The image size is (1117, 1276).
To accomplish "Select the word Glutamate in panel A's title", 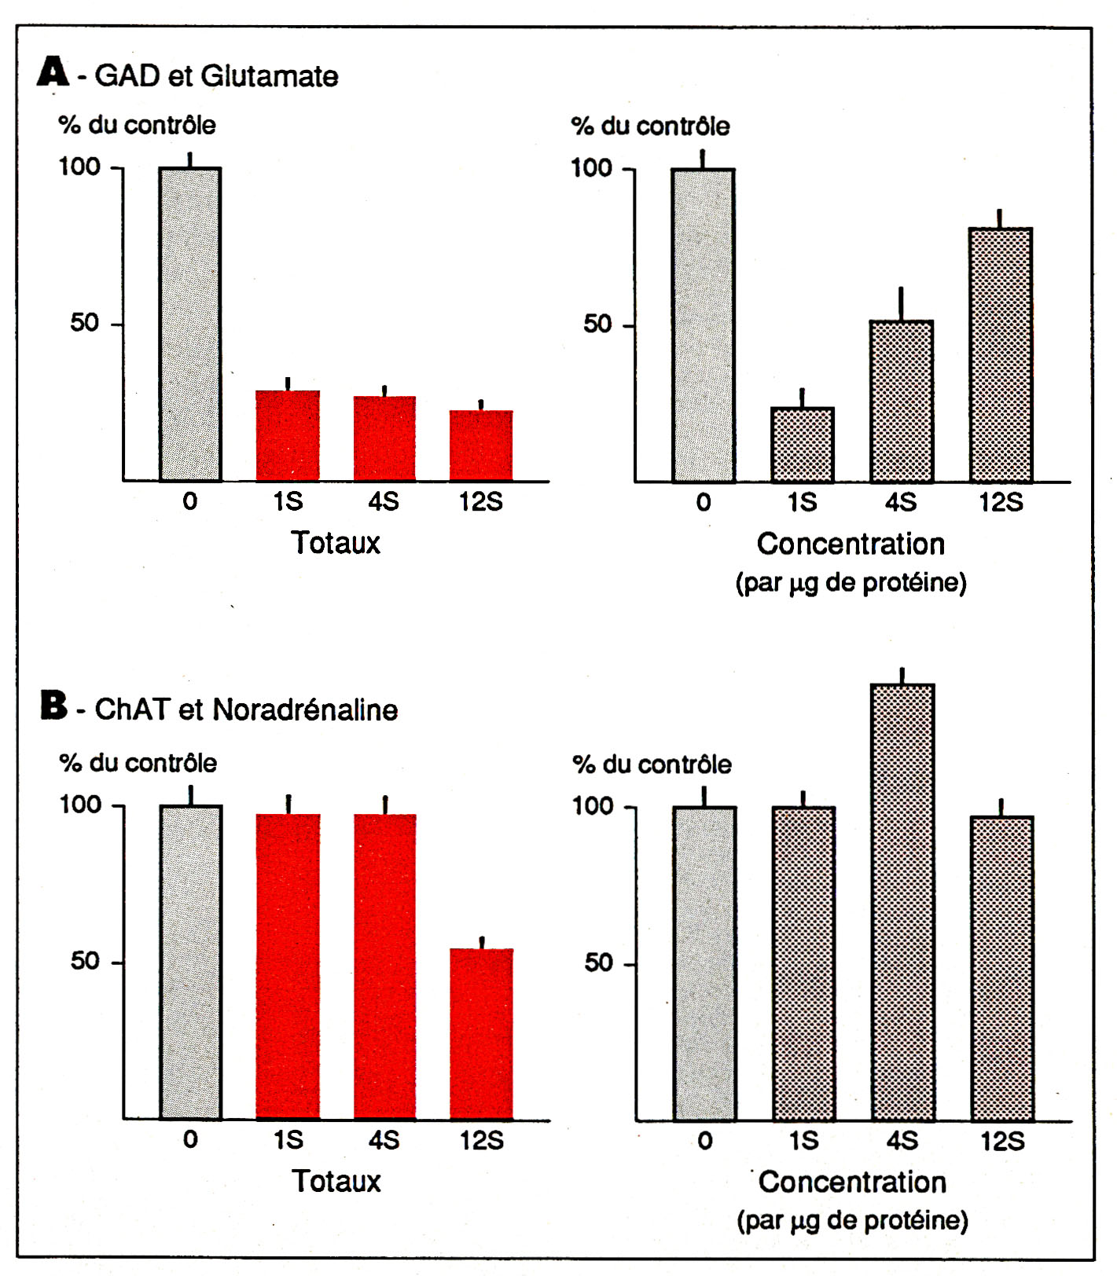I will pos(269,76).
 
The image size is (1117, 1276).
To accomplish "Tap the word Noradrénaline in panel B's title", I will pos(305,709).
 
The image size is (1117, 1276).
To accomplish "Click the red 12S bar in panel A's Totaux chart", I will pos(481,445).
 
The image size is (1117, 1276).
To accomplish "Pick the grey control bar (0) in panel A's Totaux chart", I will pos(190,324).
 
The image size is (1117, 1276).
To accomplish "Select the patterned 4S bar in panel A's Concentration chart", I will pos(901,401).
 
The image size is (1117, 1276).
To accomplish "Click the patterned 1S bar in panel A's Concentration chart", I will pos(802,444).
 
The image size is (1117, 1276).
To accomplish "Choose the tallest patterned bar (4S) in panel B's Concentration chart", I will pos(902,902).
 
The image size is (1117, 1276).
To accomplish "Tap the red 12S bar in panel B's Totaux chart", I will pos(481,1033).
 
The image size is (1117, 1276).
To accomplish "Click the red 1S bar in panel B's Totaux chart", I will pos(288,966).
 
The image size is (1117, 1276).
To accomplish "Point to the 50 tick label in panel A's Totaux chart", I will pos(85,323).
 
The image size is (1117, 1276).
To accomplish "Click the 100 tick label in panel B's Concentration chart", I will pos(592,805).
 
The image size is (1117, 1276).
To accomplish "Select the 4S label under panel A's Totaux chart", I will pos(384,501).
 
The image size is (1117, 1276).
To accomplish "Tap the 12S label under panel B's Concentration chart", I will pos(1002,1141).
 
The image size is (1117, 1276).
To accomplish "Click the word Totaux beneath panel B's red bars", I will pos(336,1181).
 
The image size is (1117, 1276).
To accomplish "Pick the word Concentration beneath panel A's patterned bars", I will pos(851,544).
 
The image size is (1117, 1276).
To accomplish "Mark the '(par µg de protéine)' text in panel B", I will pos(852,1220).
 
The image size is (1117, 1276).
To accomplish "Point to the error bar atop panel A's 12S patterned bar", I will pos(1000,218).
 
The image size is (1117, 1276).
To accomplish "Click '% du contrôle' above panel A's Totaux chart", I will pos(137,125).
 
